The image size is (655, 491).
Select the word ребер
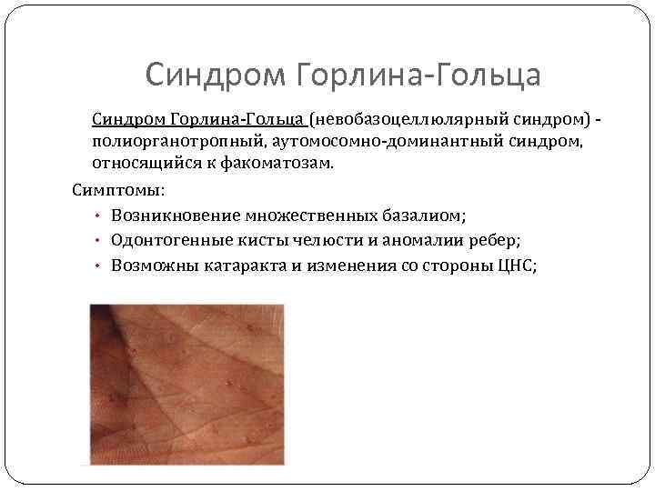[x=493, y=240]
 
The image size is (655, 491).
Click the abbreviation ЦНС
[x=517, y=265]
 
